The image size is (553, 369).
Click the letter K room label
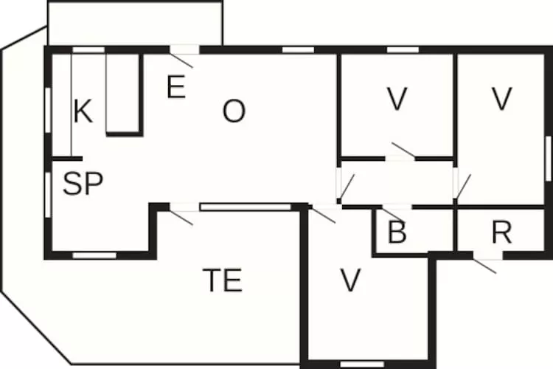[83, 111]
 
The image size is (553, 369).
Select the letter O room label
[234, 111]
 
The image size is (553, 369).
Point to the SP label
[83, 184]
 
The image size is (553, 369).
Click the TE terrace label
[223, 280]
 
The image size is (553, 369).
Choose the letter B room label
[397, 232]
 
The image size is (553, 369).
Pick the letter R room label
[501, 232]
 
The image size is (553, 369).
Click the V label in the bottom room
[350, 280]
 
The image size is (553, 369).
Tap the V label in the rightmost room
[501, 99]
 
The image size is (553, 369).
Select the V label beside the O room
[397, 99]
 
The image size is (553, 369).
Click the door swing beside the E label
[181, 60]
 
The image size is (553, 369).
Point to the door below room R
[484, 266]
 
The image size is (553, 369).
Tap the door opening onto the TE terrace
[181, 218]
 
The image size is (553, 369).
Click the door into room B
[392, 213]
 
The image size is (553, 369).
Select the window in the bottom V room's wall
[362, 364]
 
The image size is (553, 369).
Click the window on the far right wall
[549, 159]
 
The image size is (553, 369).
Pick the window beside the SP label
[49, 195]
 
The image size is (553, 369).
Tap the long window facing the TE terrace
[245, 207]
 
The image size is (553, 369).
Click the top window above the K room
[88, 49]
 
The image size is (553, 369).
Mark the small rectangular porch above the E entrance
[135, 24]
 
